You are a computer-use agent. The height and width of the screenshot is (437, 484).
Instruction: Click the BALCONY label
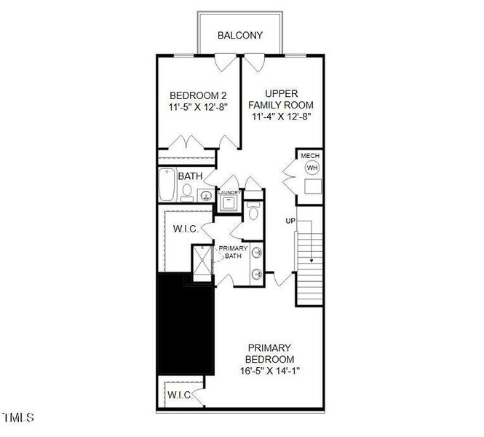[x=239, y=35]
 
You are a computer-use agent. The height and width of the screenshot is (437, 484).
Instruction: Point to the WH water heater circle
[x=312, y=168]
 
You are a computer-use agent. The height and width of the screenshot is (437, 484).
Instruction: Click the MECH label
[x=311, y=156]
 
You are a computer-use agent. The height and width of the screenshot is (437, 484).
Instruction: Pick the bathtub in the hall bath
[x=166, y=186]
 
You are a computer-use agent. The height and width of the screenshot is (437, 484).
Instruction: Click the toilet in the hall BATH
[x=188, y=192]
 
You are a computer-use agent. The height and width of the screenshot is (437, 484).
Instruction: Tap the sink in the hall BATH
[x=205, y=195]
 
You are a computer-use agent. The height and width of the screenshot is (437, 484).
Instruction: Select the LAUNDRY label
[x=229, y=192]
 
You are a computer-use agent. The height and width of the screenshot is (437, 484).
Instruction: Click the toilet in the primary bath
[x=253, y=212]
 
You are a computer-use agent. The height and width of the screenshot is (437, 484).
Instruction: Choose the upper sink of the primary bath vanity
[x=257, y=251]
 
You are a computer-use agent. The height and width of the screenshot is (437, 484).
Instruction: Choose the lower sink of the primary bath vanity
[x=257, y=275]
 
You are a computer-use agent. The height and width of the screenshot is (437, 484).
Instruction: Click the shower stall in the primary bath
[x=200, y=260]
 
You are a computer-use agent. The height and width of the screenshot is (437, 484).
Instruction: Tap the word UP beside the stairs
[x=290, y=220]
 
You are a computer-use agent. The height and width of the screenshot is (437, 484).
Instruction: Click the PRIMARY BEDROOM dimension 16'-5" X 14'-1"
[x=269, y=371]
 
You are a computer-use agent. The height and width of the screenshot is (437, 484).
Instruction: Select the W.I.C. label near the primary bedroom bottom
[x=179, y=395]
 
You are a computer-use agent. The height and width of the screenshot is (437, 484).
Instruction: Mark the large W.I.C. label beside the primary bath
[x=186, y=229]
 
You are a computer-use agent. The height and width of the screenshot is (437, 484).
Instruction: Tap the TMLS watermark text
[x=18, y=418]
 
